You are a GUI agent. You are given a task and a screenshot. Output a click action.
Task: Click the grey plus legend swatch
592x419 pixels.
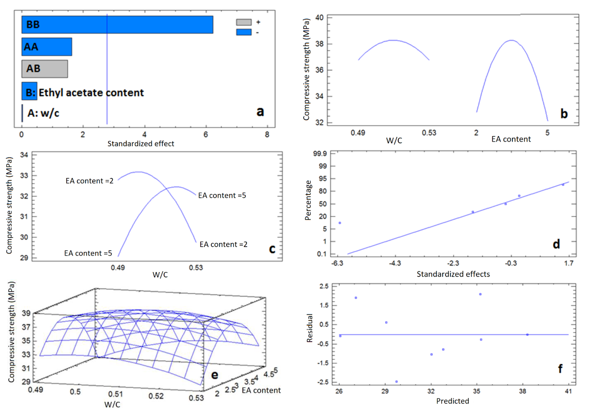tap(244, 22)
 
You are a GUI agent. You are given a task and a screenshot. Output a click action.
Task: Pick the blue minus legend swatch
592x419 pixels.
tap(244, 32)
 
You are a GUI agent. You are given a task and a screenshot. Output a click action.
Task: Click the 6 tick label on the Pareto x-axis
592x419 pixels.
tap(206, 134)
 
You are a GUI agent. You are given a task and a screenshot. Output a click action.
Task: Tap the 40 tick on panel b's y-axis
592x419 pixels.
tap(319, 18)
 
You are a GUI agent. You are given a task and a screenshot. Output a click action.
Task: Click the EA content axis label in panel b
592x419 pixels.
tap(511, 139)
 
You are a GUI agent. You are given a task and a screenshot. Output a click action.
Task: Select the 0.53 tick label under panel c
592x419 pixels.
tap(196, 268)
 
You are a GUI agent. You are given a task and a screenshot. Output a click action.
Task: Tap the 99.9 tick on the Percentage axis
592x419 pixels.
tap(320, 154)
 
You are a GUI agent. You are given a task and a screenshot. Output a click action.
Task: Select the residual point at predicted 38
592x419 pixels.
tap(527, 335)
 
